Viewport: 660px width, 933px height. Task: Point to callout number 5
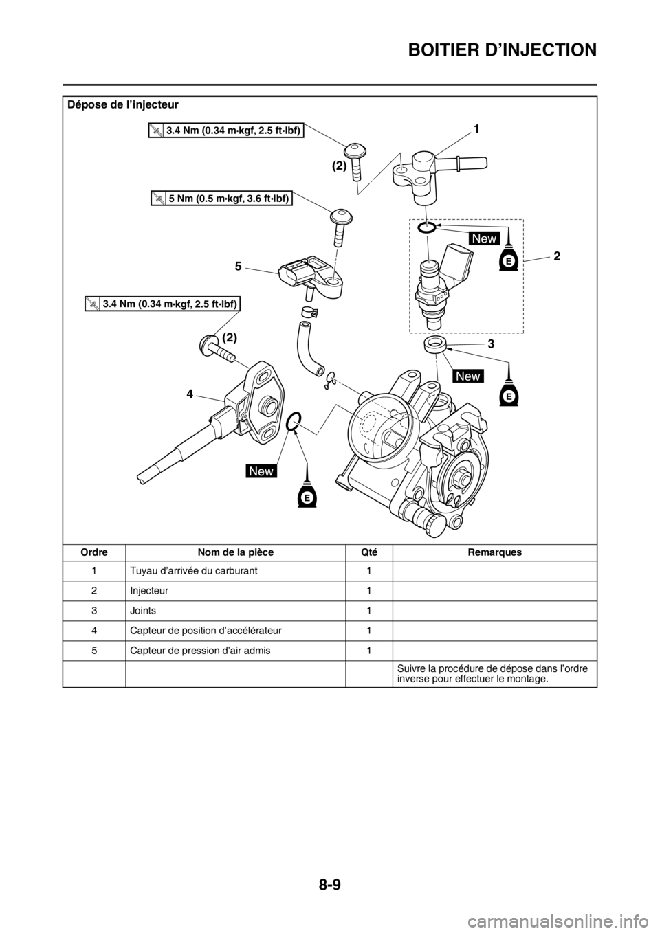[x=238, y=268]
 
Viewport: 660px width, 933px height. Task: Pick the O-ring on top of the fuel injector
[x=426, y=228]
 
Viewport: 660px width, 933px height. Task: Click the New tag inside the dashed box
[x=484, y=238]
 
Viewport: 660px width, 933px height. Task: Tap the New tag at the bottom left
[x=262, y=471]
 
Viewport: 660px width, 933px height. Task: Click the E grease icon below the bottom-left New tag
[x=307, y=495]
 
